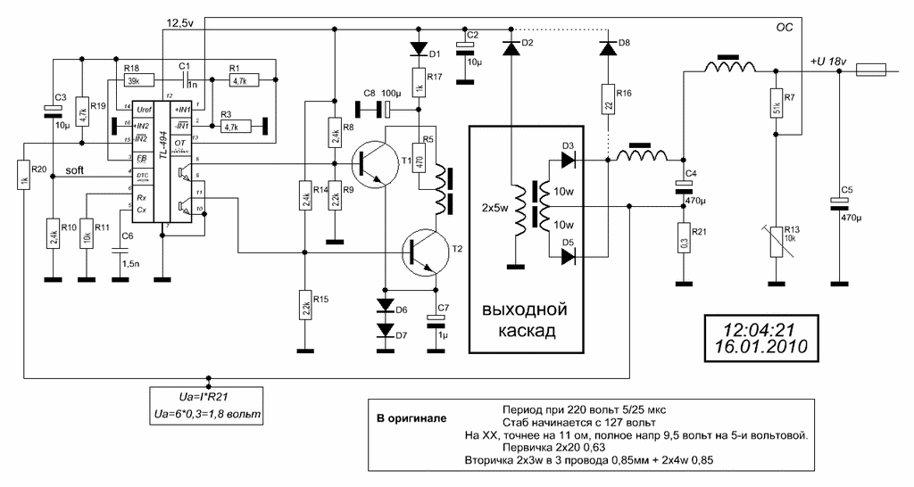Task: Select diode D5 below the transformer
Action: tap(565, 256)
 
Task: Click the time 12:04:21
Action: tap(758, 327)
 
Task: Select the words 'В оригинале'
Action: tap(411, 417)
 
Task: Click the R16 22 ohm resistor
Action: tap(607, 102)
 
